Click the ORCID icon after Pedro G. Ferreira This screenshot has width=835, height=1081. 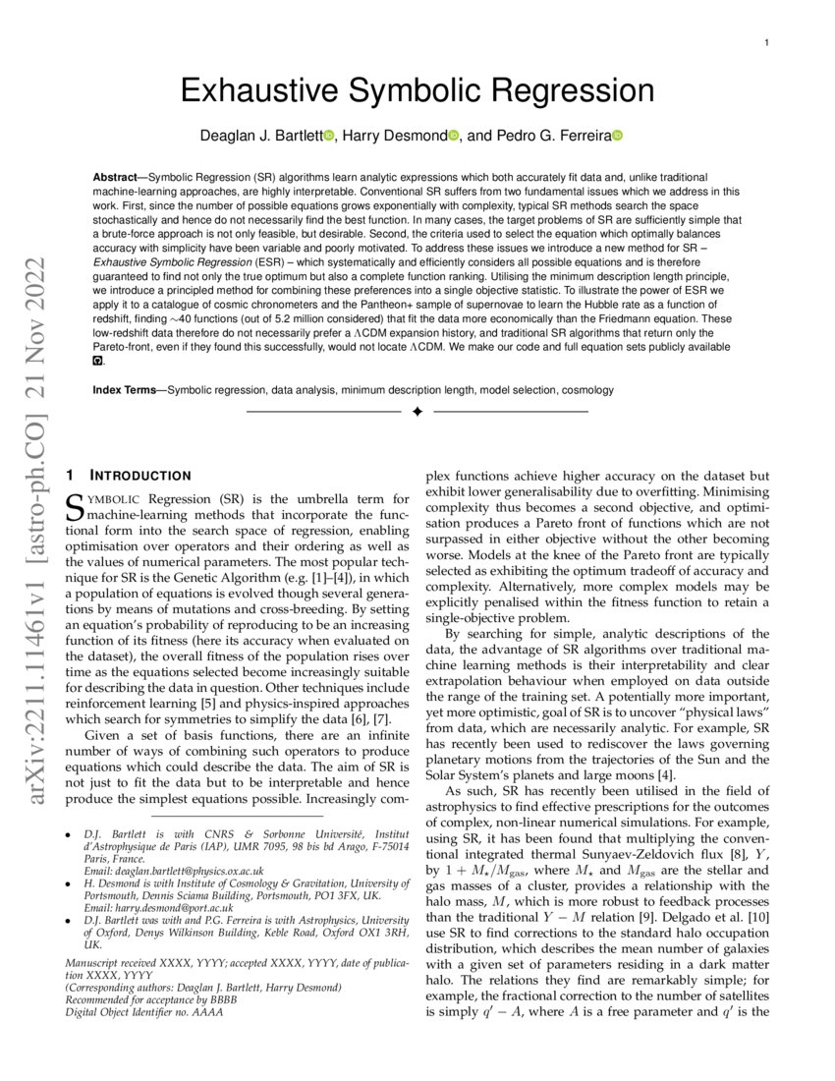tap(618, 135)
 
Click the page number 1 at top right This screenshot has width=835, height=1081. tap(765, 42)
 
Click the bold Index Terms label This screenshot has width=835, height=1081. tap(128, 390)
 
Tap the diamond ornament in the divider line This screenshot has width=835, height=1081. tap(417, 411)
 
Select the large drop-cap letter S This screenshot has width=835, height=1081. tap(74, 507)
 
